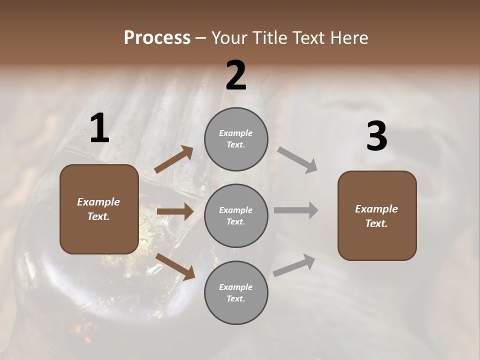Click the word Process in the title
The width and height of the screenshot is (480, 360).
[x=157, y=38]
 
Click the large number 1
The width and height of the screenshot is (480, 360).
[x=99, y=129]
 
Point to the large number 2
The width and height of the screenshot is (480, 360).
[x=236, y=75]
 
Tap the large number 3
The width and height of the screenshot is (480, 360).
[x=376, y=137]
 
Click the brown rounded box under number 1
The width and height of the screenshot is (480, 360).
[x=99, y=209]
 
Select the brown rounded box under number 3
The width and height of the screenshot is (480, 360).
[x=377, y=216]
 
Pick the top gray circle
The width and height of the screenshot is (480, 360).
[x=236, y=139]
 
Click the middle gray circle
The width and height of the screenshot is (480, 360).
[x=236, y=216]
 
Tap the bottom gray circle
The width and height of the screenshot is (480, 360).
[x=236, y=293]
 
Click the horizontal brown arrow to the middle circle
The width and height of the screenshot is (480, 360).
[x=175, y=211]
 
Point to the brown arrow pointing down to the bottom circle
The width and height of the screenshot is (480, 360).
[x=175, y=266]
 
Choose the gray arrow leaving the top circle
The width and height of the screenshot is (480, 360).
[x=297, y=160]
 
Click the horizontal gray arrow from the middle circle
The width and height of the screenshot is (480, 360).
[x=296, y=210]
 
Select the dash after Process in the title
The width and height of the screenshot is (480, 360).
[x=200, y=38]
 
